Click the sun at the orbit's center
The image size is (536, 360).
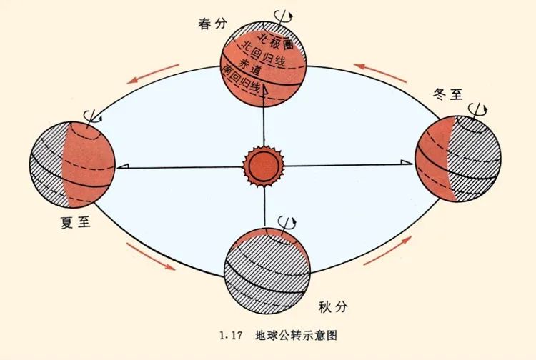pyautogui.click(x=263, y=166)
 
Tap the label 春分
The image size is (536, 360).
pyautogui.click(x=212, y=24)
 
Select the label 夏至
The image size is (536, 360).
pyautogui.click(x=76, y=222)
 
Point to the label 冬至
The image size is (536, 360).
pyautogui.click(x=447, y=94)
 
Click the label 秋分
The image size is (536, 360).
pyautogui.click(x=333, y=306)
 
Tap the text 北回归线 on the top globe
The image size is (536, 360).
pyautogui.click(x=263, y=55)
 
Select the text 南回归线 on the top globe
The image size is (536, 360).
pyautogui.click(x=241, y=80)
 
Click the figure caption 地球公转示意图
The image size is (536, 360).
pyautogui.click(x=296, y=335)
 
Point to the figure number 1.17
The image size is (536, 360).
pyautogui.click(x=231, y=336)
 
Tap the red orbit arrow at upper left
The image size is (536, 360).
pyautogui.click(x=153, y=74)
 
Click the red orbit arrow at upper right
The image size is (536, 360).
pyautogui.click(x=380, y=73)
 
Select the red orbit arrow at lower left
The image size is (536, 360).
pyautogui.click(x=151, y=256)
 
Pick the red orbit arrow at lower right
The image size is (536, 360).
pyautogui.click(x=387, y=251)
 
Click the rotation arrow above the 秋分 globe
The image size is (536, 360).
pyautogui.click(x=287, y=222)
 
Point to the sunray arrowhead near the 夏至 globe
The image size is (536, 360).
pyautogui.click(x=123, y=166)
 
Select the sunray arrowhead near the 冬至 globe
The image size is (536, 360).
pyautogui.click(x=407, y=162)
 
